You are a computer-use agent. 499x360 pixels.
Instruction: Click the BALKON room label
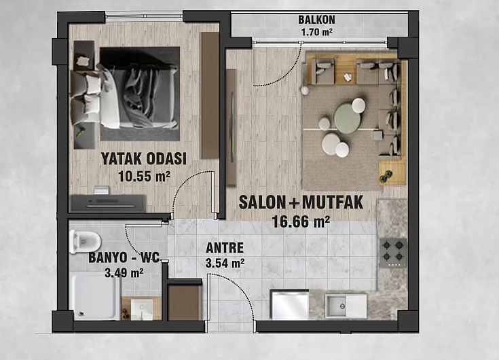[316, 20]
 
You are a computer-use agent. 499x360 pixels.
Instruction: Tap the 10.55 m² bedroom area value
[144, 176]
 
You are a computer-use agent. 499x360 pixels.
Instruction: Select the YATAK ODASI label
[143, 158]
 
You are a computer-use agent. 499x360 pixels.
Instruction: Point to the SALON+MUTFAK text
[301, 202]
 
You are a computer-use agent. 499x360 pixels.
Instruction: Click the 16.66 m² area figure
[301, 221]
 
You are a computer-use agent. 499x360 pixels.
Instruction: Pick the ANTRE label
[225, 248]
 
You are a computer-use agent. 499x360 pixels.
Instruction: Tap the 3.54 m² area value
[225, 264]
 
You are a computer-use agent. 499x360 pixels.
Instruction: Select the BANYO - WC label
[124, 257]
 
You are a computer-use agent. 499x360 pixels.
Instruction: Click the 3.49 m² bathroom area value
[124, 273]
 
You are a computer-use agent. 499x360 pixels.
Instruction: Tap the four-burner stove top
[393, 253]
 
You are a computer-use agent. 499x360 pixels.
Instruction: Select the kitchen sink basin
[335, 306]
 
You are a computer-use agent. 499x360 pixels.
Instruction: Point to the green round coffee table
[347, 118]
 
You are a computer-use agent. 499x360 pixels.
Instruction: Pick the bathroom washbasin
[142, 309]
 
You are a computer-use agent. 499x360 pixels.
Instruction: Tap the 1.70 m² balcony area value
[316, 32]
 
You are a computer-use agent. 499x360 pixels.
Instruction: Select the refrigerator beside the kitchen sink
[289, 304]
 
